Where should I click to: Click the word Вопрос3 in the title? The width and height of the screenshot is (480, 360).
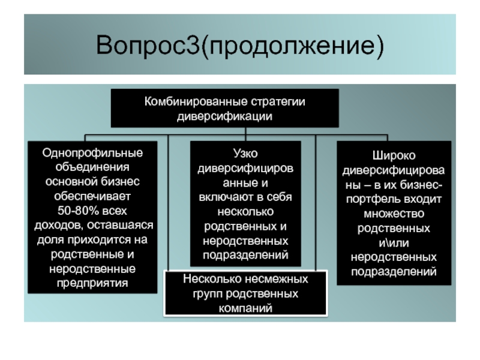(148, 45)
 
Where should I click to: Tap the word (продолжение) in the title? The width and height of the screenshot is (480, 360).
(292, 46)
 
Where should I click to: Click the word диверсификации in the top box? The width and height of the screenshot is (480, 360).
(224, 116)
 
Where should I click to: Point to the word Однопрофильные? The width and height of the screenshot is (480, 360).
(92, 153)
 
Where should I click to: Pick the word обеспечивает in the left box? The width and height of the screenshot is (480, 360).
(92, 196)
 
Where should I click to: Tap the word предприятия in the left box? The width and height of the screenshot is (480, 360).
(92, 283)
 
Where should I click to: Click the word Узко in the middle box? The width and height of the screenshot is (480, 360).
(245, 154)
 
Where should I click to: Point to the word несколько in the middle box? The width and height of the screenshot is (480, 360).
(245, 212)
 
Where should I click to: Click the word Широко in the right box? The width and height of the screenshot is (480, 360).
(394, 156)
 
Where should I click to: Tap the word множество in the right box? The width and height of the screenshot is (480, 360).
(394, 214)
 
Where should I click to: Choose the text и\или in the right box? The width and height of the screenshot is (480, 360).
(394, 243)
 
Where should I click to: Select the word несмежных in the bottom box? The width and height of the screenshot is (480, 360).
(277, 279)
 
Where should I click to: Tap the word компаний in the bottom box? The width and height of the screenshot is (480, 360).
(245, 308)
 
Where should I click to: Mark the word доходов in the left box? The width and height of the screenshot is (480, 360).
(58, 226)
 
